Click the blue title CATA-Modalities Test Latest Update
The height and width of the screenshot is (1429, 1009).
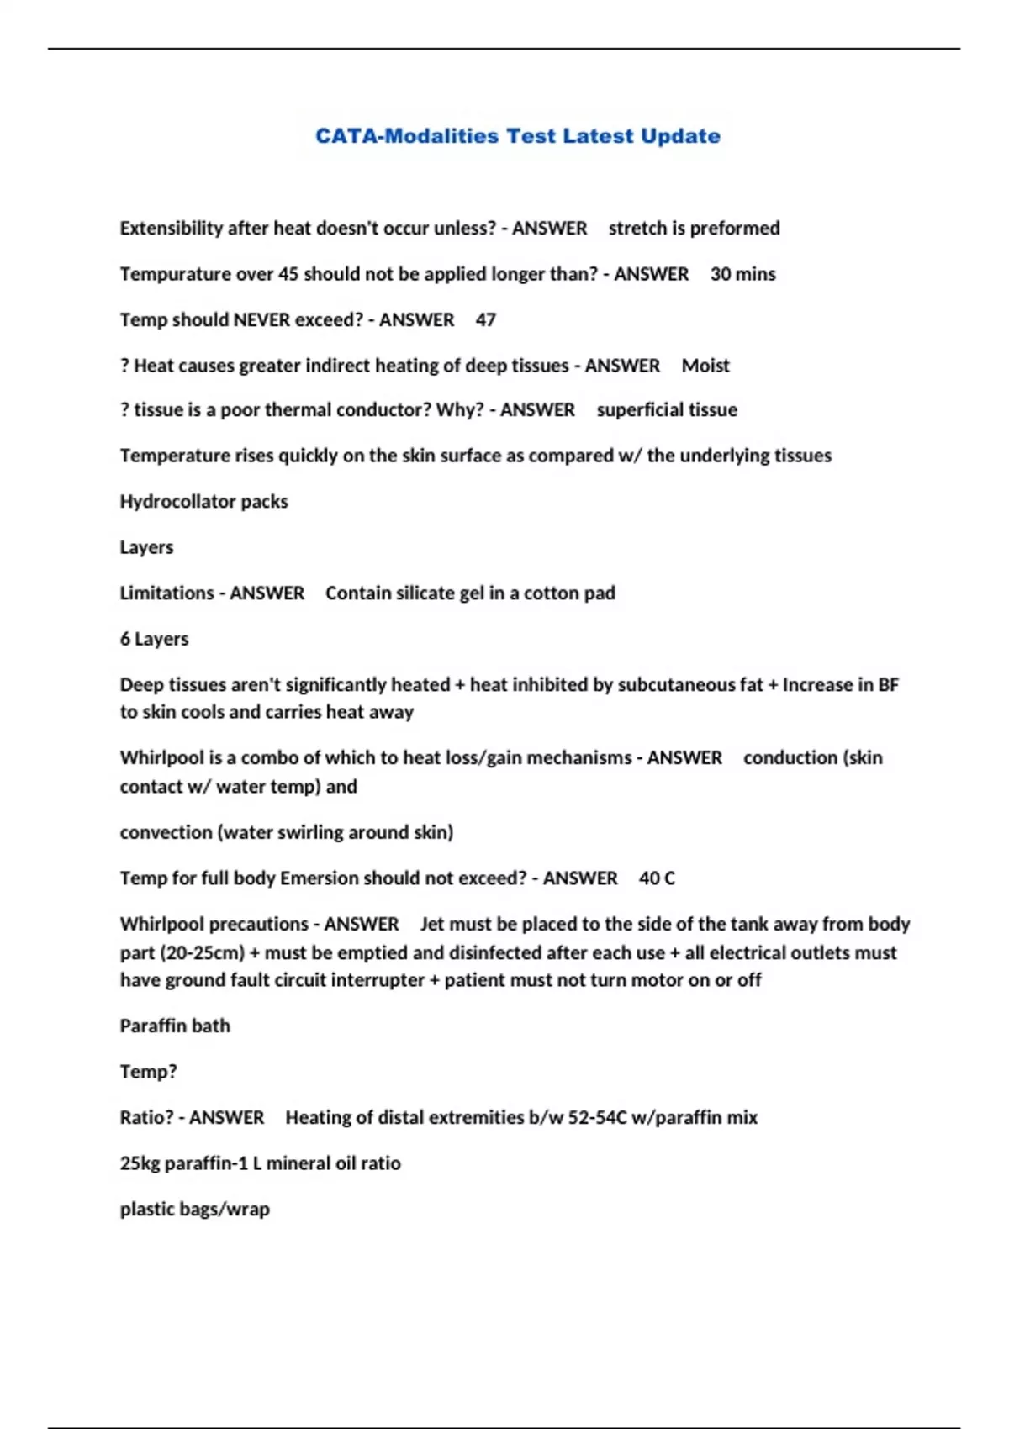coord(517,136)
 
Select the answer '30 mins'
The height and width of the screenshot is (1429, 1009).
coord(742,274)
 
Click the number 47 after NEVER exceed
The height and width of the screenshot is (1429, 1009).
coord(485,319)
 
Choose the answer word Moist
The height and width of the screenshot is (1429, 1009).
coord(705,366)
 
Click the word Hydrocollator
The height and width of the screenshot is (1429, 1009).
coord(177,501)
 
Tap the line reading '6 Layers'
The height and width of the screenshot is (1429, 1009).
coord(154,639)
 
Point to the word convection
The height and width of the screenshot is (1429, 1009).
coord(166,832)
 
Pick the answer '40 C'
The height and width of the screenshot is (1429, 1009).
coord(657,878)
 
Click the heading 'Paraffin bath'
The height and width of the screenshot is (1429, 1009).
coord(174,1026)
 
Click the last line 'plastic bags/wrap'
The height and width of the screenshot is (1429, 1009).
coord(194,1209)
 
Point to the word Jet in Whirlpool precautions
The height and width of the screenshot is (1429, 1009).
coord(431,924)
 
